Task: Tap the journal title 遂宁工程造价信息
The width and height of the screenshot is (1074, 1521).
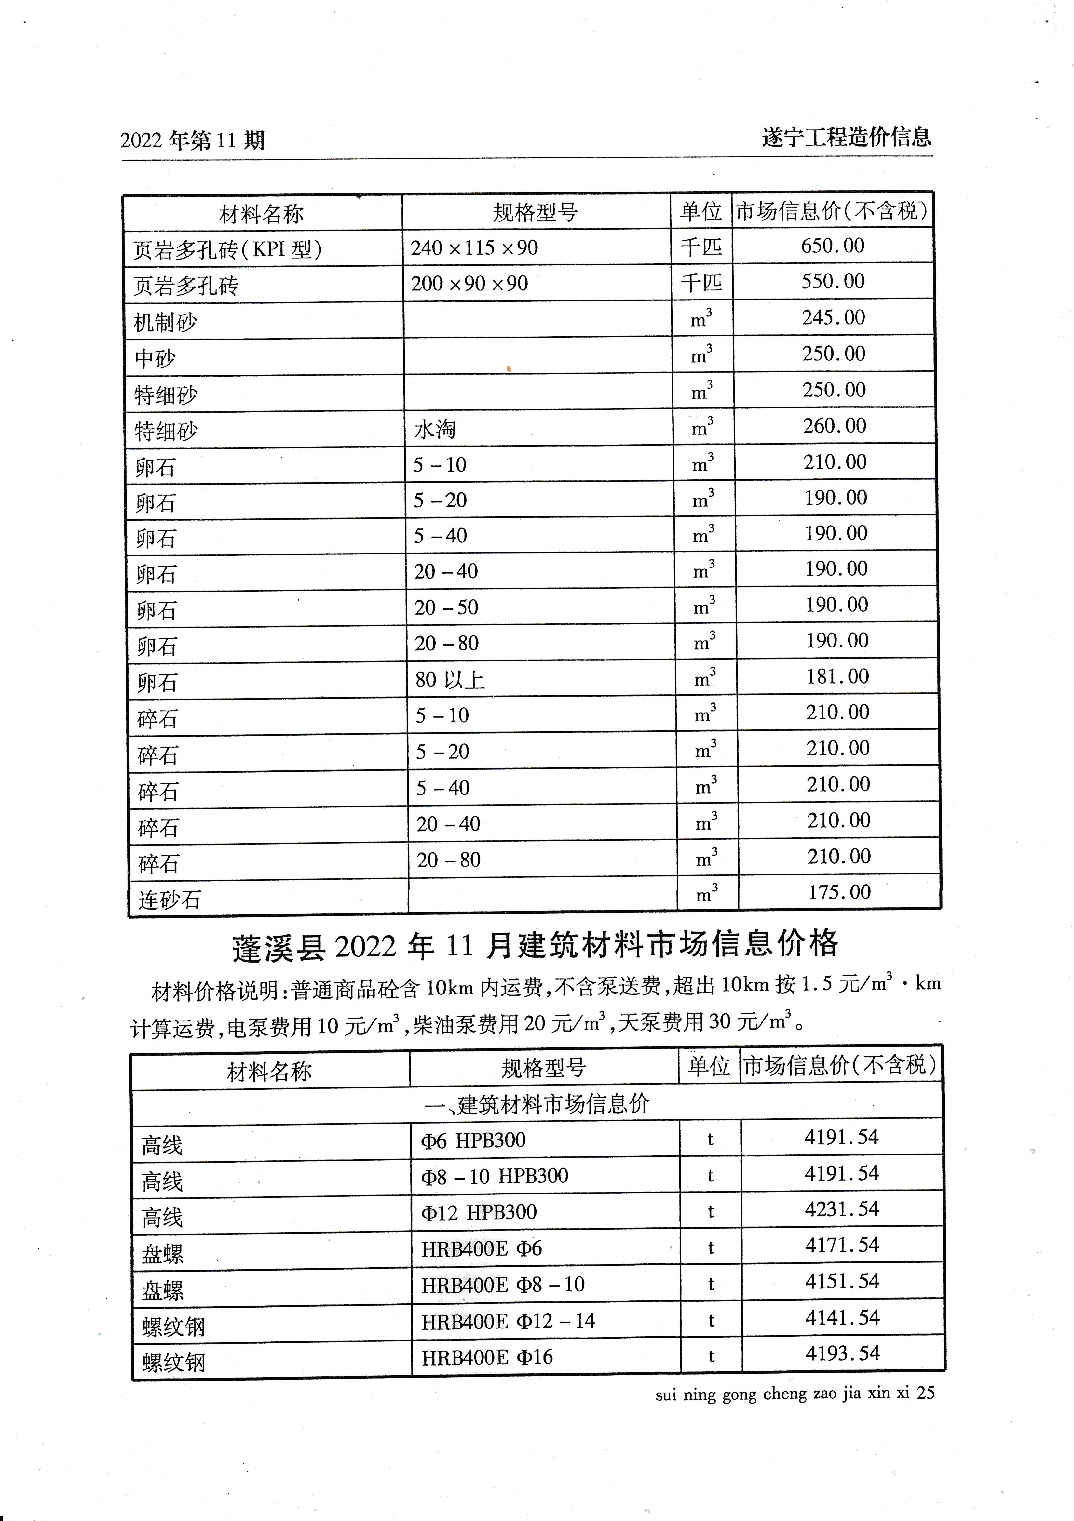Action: coord(846,137)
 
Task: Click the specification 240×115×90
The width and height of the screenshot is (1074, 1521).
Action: coord(474,248)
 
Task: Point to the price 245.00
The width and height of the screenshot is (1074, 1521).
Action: coord(834,317)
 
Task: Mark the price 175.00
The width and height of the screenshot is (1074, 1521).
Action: coord(839,892)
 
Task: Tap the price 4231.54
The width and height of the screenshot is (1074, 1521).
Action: coord(841,1209)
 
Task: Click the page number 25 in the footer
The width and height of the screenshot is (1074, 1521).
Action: coord(926,1393)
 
